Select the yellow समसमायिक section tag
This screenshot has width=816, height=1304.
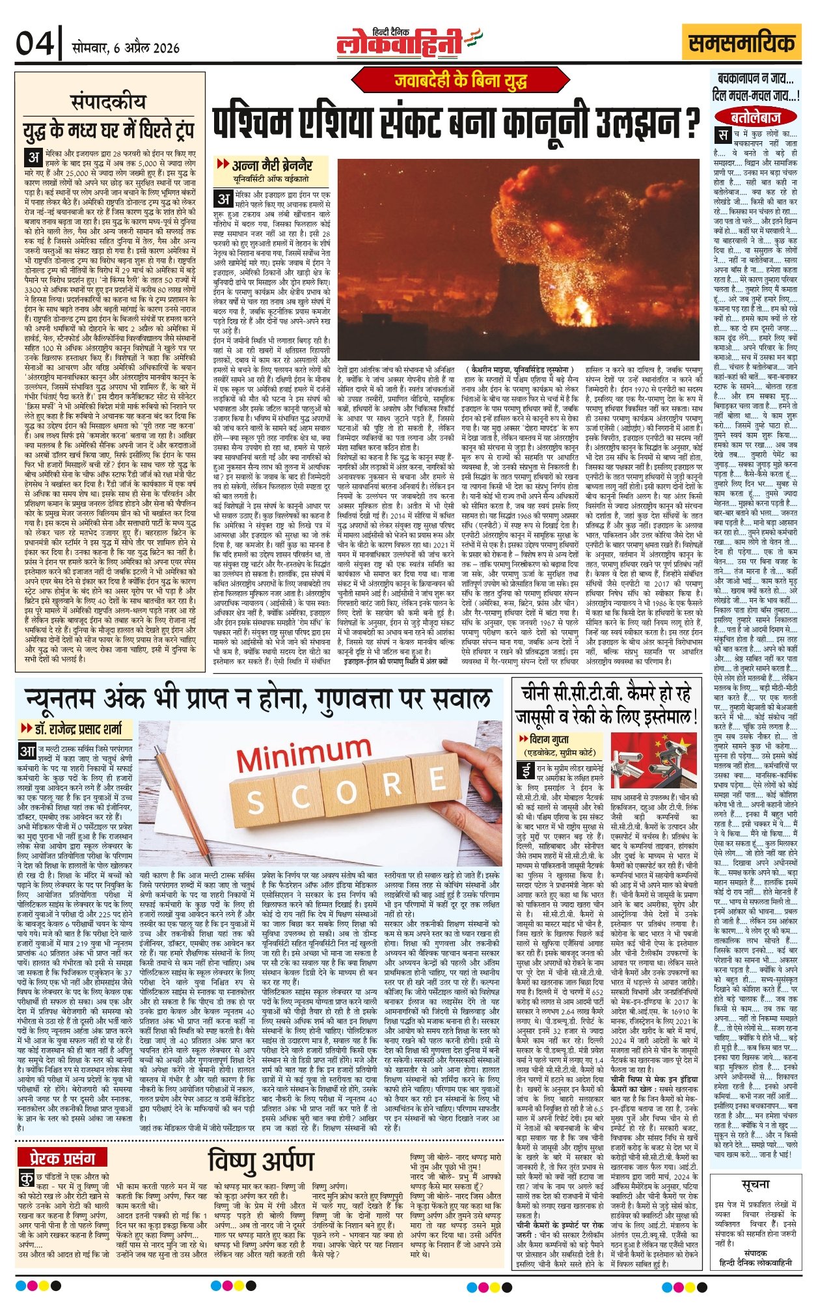(x=741, y=43)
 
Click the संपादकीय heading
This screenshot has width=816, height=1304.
(x=109, y=102)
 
